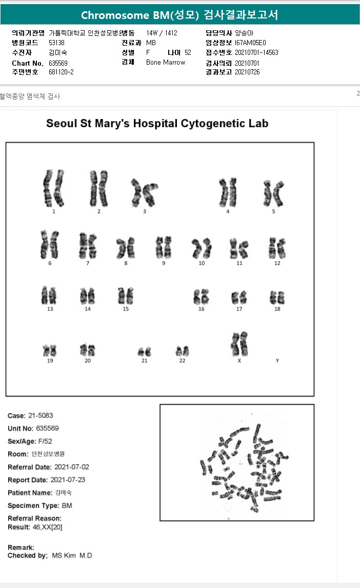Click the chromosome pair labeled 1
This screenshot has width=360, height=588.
(53, 188)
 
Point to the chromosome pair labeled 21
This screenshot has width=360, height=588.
(144, 352)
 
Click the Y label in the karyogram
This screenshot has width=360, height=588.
(277, 361)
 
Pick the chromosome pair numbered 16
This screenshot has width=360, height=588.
(201, 297)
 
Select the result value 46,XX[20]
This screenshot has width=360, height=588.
(47, 527)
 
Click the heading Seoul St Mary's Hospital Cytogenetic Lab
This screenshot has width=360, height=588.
(157, 124)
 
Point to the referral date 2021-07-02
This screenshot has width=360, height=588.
(71, 467)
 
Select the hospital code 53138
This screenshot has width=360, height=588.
(56, 43)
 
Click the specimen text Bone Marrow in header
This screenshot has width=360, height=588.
(166, 62)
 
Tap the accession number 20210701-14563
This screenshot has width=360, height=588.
(256, 52)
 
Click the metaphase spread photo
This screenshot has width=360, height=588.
(236, 462)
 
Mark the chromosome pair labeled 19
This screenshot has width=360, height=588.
(50, 351)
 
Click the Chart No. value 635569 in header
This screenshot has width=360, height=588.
(58, 63)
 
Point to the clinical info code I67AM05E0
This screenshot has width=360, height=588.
(251, 43)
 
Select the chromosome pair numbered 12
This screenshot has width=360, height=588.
(277, 248)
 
